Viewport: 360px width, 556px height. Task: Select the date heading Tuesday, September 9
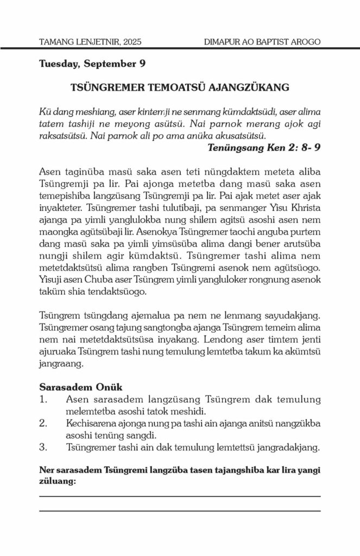pos(92,64)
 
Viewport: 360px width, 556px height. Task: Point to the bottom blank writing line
pos(180,511)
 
